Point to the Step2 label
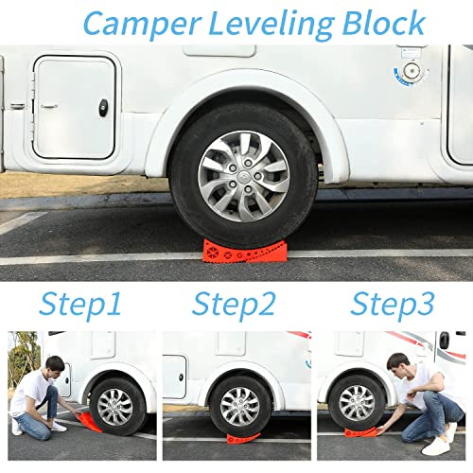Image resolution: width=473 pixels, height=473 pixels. click(x=235, y=305)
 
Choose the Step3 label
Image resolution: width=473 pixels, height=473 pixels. click(x=393, y=305)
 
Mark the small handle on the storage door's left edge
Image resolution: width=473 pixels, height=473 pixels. click(x=36, y=105)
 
